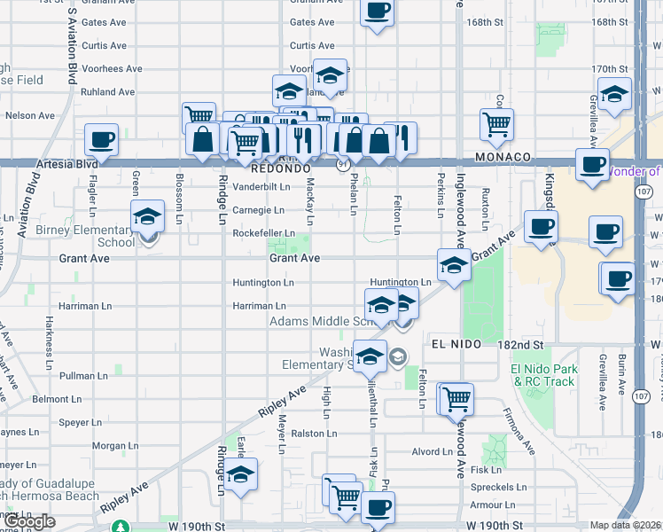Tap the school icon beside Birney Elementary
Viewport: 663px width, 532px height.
(x=148, y=216)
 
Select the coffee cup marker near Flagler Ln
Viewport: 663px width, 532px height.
(x=102, y=140)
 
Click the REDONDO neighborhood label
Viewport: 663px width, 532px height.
(x=280, y=168)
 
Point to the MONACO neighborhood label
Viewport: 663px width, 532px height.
(x=503, y=157)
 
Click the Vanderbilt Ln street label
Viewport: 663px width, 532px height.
(x=261, y=187)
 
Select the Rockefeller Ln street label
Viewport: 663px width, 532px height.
(x=263, y=234)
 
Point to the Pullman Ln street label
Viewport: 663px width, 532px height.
(x=82, y=376)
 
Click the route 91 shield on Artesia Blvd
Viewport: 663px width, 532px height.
(x=342, y=165)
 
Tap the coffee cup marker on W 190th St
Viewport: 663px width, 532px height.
(x=378, y=508)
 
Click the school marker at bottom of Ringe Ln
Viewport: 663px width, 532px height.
(x=239, y=474)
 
